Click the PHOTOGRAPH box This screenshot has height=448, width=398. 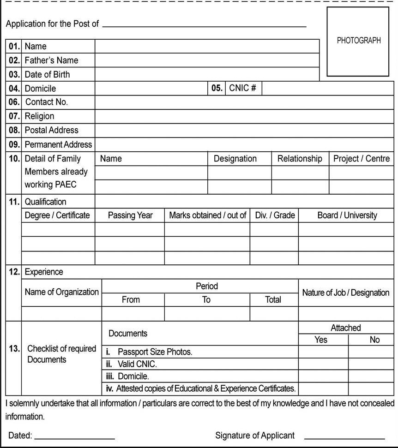pos(358,42)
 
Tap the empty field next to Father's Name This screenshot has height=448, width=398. pos(207,60)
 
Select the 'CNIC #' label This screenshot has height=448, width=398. pos(242,88)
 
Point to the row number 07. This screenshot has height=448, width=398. pos(14,116)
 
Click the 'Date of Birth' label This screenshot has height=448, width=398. pos(47,74)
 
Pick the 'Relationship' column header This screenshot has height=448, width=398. pos(300,159)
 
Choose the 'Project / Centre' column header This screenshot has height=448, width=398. pos(362,159)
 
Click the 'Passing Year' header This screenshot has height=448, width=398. pos(130,215)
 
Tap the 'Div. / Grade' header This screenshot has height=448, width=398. pos(275,215)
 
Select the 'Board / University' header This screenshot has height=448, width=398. pos(347,215)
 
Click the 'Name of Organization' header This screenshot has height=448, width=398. pos(61,292)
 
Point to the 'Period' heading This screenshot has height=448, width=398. pos(206,286)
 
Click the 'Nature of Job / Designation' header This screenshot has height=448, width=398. pos(345,293)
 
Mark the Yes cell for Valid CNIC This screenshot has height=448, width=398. pos(323,364)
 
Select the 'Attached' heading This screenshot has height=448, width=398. pos(345,328)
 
